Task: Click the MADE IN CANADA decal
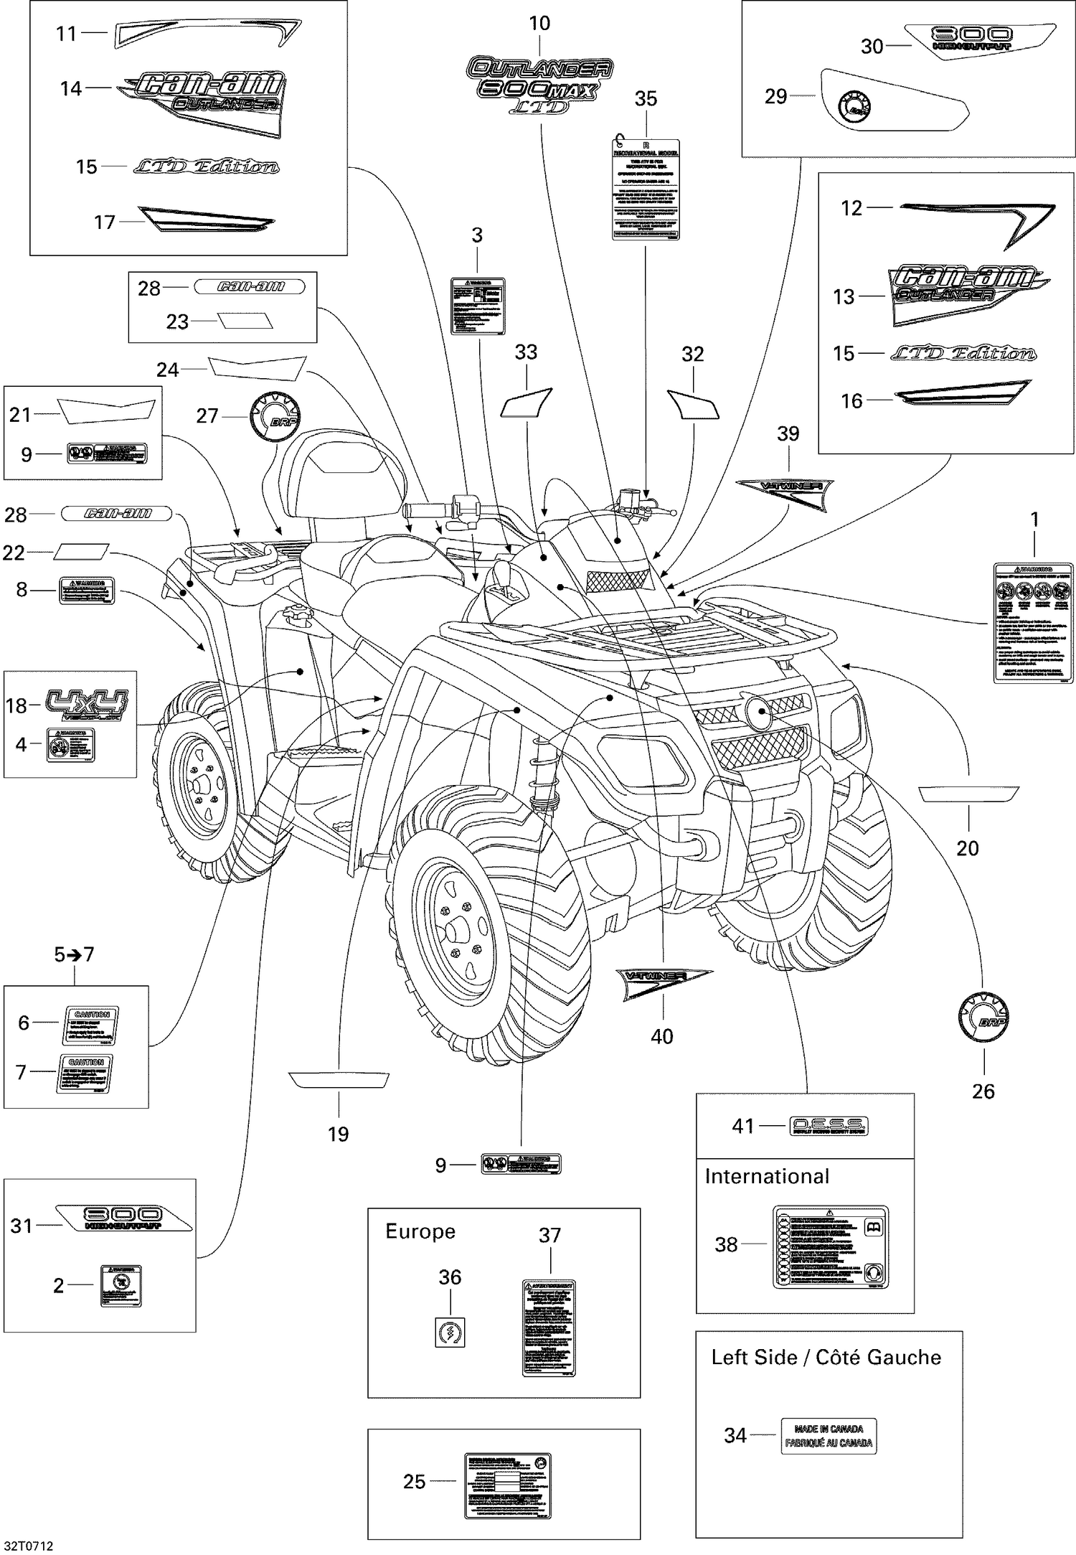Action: (x=829, y=1435)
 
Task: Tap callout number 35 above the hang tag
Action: (x=646, y=99)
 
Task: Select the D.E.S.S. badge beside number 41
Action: (x=829, y=1126)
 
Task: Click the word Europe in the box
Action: (x=420, y=1231)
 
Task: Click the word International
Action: (x=767, y=1176)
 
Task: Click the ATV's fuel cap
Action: (x=293, y=614)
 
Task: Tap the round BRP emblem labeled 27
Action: (x=275, y=417)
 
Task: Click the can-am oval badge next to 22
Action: (x=117, y=513)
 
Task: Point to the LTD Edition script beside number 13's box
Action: (x=963, y=353)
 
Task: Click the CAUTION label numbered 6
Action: (x=91, y=1025)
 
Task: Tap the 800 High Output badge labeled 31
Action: (x=123, y=1218)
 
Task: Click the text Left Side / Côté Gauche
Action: (x=826, y=1358)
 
